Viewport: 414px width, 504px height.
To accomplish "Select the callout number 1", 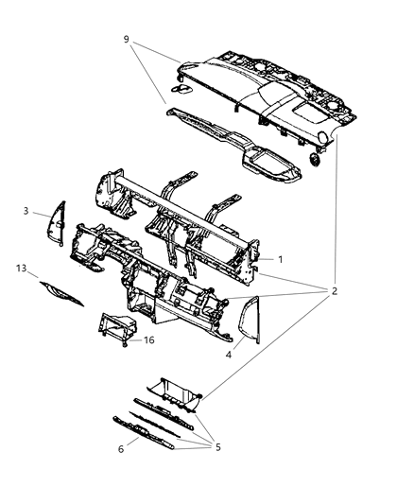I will [x=279, y=257].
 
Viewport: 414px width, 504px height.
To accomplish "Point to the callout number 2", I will [x=334, y=290].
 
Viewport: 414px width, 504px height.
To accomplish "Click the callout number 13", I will [x=21, y=269].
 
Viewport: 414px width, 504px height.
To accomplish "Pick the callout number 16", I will [x=148, y=340].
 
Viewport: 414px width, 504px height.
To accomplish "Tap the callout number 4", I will [x=228, y=355].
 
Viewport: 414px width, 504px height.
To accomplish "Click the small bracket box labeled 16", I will [x=117, y=326].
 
